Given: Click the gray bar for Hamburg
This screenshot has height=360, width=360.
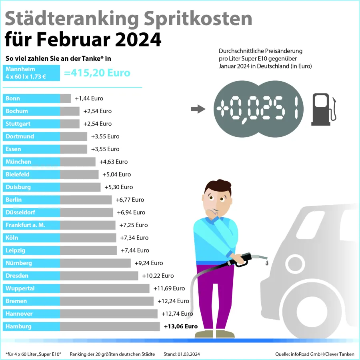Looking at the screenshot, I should click(110, 326).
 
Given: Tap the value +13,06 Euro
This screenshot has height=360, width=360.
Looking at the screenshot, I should click(181, 326).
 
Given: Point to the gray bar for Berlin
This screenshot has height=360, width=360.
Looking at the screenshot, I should click(86, 200).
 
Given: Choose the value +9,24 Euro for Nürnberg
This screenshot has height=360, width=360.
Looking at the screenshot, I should click(149, 263).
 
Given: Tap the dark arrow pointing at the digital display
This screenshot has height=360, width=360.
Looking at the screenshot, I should click(198, 109).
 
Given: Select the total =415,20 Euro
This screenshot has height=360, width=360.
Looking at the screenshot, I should click(97, 73).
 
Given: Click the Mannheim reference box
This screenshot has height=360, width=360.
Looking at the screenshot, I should click(31, 72).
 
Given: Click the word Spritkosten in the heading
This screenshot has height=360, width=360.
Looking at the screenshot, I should click(196, 18).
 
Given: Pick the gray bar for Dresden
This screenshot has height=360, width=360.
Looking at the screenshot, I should click(99, 276).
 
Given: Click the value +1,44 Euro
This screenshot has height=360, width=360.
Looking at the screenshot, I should click(89, 98).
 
